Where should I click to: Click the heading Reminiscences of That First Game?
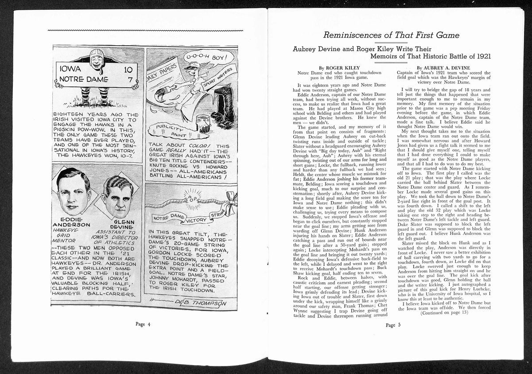click(391, 35)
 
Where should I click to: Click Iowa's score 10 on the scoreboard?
click(128, 70)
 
